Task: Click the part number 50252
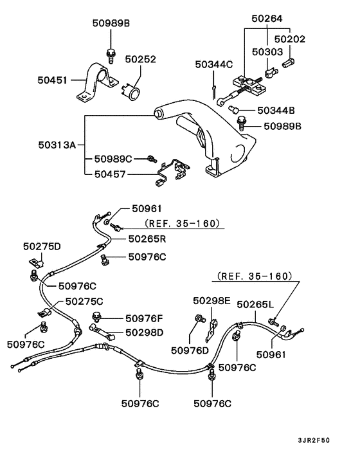click(x=140, y=59)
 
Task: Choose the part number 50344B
click(x=276, y=111)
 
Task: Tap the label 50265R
click(x=148, y=238)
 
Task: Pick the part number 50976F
click(x=145, y=317)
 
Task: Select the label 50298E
click(x=212, y=300)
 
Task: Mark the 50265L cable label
click(x=255, y=304)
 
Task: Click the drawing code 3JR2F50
click(x=313, y=441)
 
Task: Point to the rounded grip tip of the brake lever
click(x=156, y=114)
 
